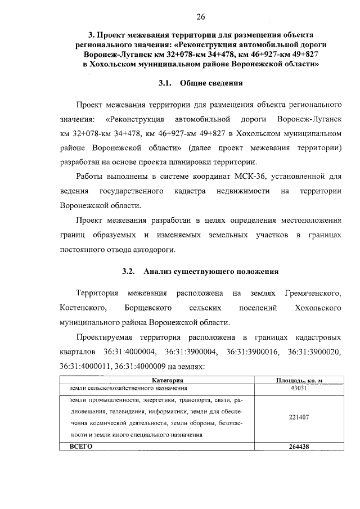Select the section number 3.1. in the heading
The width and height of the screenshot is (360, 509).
pos(165,83)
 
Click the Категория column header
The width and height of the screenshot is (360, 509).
pos(160,381)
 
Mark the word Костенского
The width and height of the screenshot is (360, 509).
pos(83,308)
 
